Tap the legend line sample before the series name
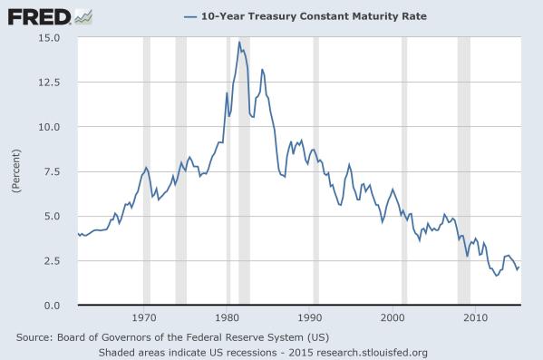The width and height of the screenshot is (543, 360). (190, 16)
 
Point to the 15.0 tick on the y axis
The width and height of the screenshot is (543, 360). (47, 38)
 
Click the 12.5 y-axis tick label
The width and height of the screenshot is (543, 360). (47, 83)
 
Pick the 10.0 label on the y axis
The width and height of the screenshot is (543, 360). (47, 127)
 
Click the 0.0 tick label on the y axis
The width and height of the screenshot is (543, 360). (51, 306)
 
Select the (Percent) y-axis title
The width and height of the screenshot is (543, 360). (15, 171)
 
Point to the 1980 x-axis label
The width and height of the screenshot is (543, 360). (228, 319)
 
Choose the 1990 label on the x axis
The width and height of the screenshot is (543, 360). (310, 319)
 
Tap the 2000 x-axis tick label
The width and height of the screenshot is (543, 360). (393, 319)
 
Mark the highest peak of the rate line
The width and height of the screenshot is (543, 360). (239, 42)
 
